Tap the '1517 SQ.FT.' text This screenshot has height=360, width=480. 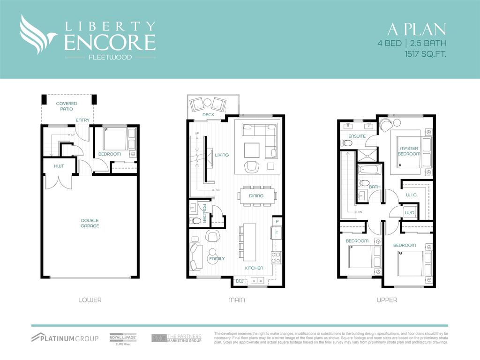click(425, 54)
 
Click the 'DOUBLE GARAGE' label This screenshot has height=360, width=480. click(90, 223)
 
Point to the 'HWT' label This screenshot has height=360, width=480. click(59, 166)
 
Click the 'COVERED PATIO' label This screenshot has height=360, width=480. click(67, 106)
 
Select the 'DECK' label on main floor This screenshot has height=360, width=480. click(208, 115)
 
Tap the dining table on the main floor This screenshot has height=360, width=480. click(257, 195)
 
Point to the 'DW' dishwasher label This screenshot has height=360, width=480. click(240, 281)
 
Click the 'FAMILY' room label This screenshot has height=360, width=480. click(217, 259)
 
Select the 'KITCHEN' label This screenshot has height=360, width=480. click(254, 268)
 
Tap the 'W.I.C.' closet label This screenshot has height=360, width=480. click(411, 194)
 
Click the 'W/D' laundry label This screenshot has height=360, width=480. click(409, 212)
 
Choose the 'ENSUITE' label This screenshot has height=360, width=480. click(357, 136)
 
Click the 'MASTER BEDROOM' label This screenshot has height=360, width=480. click(409, 151)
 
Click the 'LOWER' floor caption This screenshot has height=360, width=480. click(90, 300)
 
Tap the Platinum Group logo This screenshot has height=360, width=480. click(65, 338)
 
